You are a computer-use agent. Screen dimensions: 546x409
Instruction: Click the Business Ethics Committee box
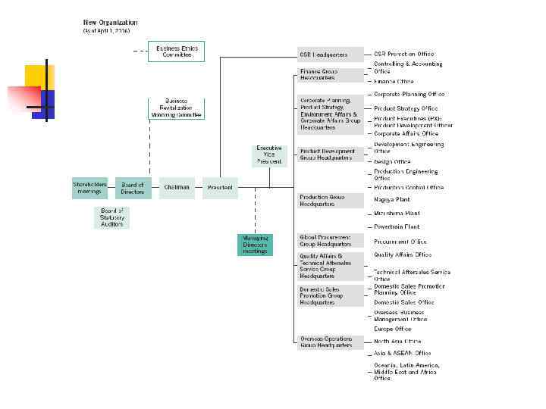176,52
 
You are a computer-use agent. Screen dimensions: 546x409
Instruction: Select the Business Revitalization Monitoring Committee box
176,108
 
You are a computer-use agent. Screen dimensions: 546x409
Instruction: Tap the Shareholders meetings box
89,188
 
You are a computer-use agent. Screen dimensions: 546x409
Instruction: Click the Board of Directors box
133,188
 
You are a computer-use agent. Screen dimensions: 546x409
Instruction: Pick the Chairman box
177,188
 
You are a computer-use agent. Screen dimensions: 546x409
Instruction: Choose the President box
220,188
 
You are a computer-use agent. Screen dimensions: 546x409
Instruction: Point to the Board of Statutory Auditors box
111,217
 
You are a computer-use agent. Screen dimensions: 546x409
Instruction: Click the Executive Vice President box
269,155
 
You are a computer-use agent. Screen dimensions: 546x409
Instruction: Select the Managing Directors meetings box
255,243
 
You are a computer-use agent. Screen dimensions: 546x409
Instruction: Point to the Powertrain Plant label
397,226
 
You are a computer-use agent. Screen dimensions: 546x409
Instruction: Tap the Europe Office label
393,329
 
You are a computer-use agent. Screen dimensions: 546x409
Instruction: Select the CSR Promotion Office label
404,55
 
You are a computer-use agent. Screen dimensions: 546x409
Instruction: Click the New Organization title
110,23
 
